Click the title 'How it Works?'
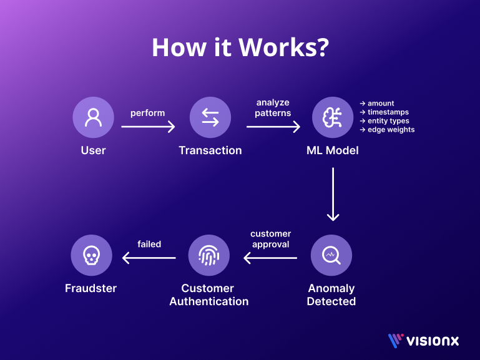[240, 49]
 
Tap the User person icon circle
[93, 117]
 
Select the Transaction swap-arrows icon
[210, 117]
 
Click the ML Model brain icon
[333, 117]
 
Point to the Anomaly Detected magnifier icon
[331, 255]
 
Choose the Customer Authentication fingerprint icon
[208, 255]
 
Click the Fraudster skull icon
[91, 255]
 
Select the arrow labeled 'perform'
[148, 127]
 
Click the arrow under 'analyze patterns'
[273, 127]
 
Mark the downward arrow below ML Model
[333, 193]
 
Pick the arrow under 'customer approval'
[270, 258]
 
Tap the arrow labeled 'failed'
[149, 258]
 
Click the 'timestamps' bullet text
[388, 112]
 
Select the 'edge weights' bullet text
[391, 130]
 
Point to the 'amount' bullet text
[380, 104]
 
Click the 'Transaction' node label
[210, 150]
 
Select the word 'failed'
[149, 244]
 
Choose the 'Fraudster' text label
[91, 288]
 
